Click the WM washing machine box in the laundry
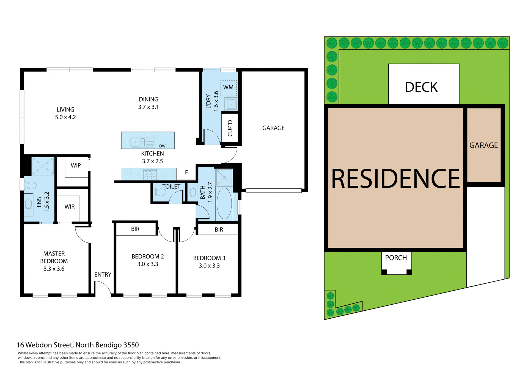pyautogui.click(x=228, y=88)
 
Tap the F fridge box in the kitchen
pyautogui.click(x=186, y=172)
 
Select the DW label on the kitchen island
pyautogui.click(x=162, y=146)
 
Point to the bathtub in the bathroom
pyautogui.click(x=224, y=203)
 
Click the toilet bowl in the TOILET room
pyautogui.click(x=160, y=192)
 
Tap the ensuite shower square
pyautogui.click(x=43, y=166)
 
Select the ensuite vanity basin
pyautogui.click(x=28, y=204)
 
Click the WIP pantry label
pyautogui.click(x=76, y=166)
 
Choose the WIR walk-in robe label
pyautogui.click(x=70, y=207)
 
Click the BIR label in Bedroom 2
pyautogui.click(x=135, y=229)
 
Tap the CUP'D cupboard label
pyautogui.click(x=230, y=128)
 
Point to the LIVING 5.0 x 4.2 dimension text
pyautogui.click(x=65, y=117)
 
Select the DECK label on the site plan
pyautogui.click(x=421, y=87)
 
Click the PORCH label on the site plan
pyautogui.click(x=396, y=258)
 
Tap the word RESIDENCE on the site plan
pyautogui.click(x=395, y=179)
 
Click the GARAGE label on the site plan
pyautogui.click(x=483, y=145)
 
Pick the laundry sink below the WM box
pyautogui.click(x=231, y=104)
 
